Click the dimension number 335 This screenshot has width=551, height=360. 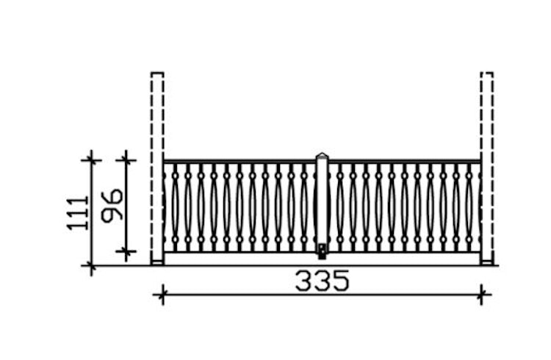pyautogui.click(x=323, y=281)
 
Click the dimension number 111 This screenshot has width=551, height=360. pyautogui.click(x=78, y=213)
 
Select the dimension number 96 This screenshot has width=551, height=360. pyautogui.click(x=112, y=206)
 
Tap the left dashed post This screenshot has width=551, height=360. pyautogui.click(x=157, y=168)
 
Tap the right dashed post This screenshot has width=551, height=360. pyautogui.click(x=487, y=168)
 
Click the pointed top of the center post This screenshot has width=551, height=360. pyautogui.click(x=322, y=155)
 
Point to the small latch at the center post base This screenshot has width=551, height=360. pyautogui.click(x=322, y=252)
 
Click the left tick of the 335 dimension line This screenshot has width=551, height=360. pyautogui.click(x=162, y=295)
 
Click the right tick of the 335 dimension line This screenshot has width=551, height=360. pyautogui.click(x=481, y=295)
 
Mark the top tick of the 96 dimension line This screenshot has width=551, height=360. pyautogui.click(x=126, y=160)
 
